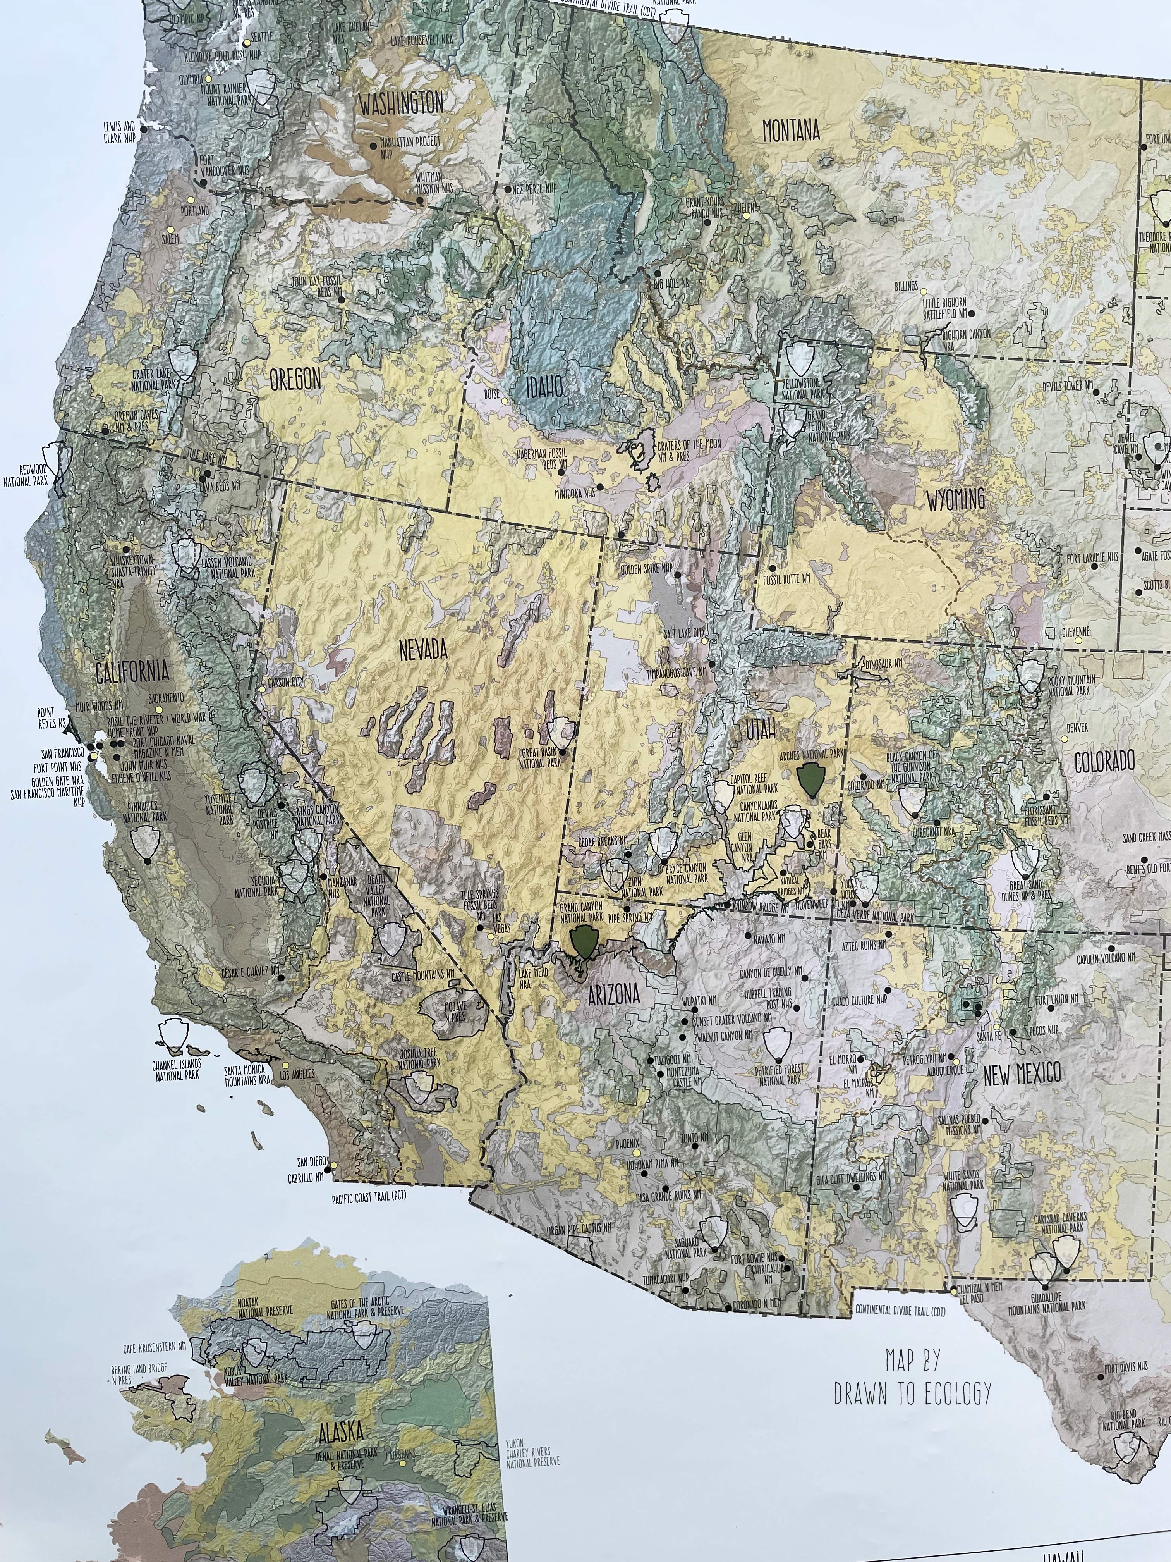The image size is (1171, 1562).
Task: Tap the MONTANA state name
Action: [791, 131]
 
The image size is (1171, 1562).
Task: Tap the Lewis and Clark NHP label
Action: [118, 131]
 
